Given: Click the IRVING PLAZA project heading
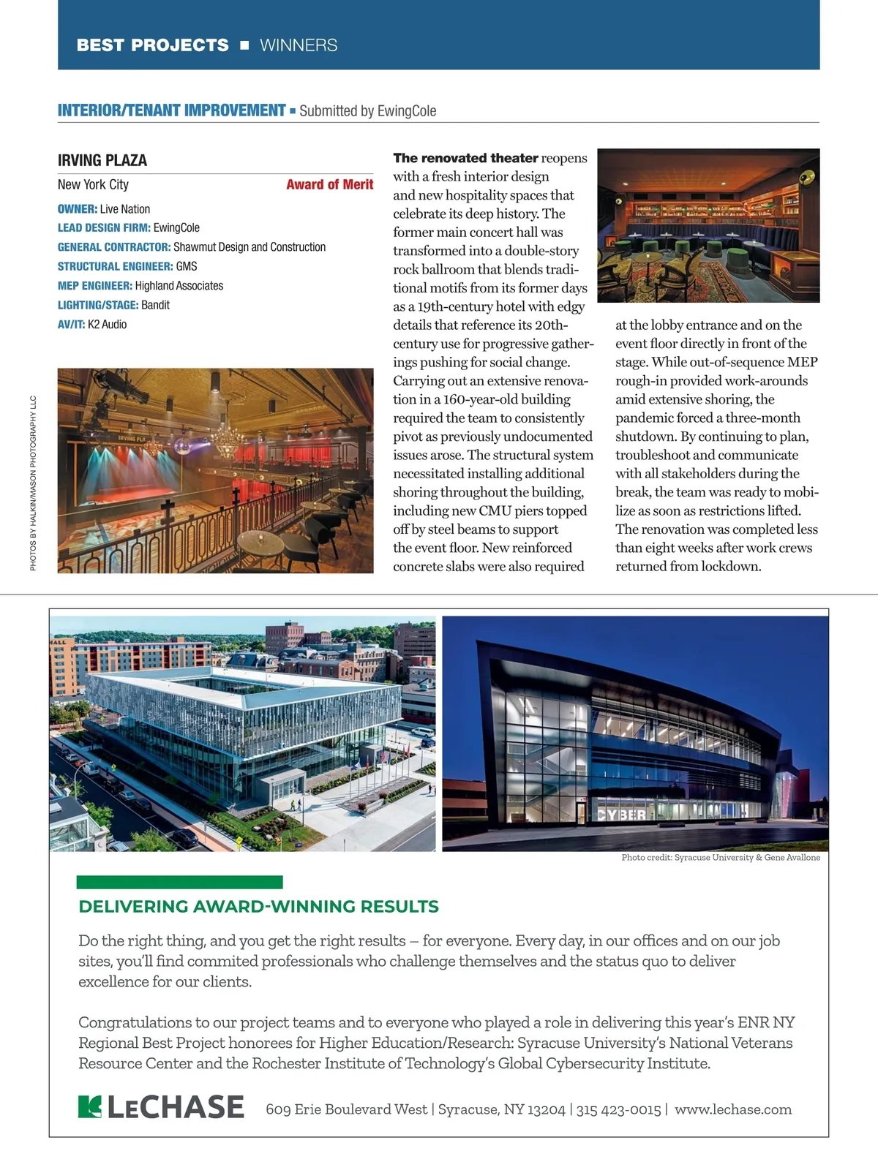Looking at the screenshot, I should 102,160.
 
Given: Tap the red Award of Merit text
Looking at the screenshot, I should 329,184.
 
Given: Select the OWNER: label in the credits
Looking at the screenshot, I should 78,209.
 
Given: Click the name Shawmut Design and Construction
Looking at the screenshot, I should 249,247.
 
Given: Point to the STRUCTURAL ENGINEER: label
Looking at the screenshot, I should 115,266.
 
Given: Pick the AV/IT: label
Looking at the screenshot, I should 71,324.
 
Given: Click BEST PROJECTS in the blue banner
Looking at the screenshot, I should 152,45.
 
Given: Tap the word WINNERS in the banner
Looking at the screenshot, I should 299,45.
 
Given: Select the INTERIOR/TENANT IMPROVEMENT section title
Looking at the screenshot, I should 171,110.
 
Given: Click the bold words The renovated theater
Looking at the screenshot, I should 465,158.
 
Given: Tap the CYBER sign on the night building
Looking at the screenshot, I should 622,815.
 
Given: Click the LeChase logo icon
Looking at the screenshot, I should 89,1107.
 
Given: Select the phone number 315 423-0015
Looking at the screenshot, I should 618,1109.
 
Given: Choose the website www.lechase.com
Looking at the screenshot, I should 732,1109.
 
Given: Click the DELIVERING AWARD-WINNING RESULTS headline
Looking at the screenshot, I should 258,907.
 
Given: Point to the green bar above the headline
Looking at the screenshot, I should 179,882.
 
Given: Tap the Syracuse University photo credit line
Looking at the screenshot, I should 721,857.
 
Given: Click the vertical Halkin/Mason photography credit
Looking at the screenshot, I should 33,483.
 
